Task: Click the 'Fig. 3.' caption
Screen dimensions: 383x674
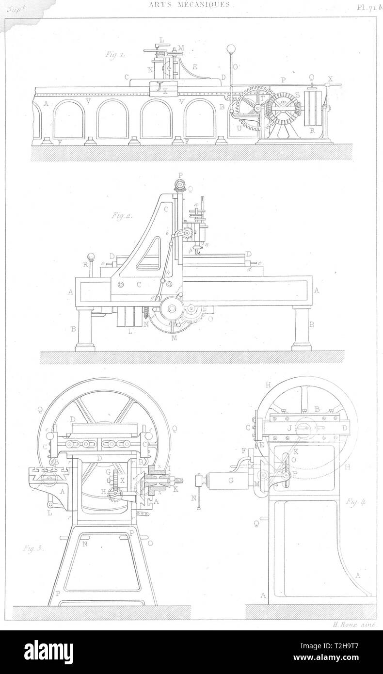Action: tap(32, 549)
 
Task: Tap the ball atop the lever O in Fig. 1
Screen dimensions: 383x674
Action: tap(231, 49)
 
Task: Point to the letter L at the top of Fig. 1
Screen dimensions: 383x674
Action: tap(161, 39)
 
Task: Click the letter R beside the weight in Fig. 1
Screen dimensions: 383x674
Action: tap(312, 131)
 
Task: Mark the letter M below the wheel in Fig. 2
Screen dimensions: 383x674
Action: tap(173, 338)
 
